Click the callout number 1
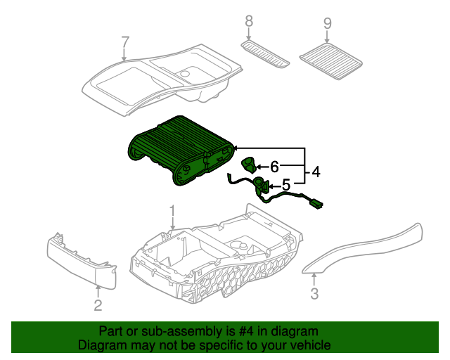coord(172,210)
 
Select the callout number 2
coord(98,304)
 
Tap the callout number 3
coord(314,294)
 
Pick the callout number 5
coord(285,185)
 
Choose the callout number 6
coord(274,167)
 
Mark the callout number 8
coord(248,22)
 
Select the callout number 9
coord(327,23)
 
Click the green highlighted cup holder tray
coord(180,150)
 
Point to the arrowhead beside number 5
coord(271,186)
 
